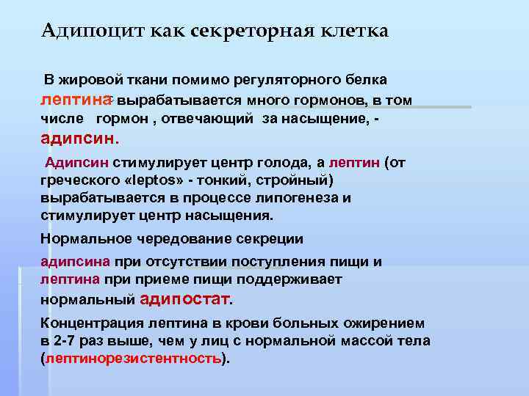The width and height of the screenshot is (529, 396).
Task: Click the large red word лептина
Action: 76,99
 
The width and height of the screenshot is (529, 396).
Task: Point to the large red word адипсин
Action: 77,138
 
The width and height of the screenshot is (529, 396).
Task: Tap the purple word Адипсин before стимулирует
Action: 77,163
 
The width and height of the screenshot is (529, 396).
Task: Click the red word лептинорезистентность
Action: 133,358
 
